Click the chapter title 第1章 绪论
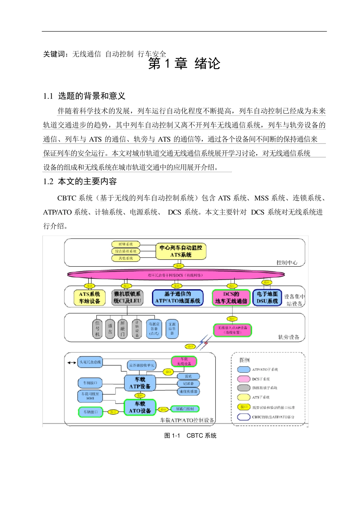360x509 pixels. (184, 64)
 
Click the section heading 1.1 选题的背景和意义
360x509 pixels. (84, 96)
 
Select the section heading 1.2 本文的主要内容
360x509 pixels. (80, 182)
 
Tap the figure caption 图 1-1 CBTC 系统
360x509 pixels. (190, 436)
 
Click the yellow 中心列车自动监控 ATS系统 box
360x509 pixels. (181, 251)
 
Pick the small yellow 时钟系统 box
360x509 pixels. (125, 244)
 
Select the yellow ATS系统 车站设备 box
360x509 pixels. (89, 298)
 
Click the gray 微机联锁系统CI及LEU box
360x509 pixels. (127, 298)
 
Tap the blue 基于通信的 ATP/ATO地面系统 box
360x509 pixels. (177, 298)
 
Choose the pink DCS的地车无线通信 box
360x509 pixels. (231, 298)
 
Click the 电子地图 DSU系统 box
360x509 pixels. (267, 298)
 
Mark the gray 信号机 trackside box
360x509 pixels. (97, 329)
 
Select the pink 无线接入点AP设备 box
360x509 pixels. (232, 330)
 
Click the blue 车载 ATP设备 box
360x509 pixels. (140, 383)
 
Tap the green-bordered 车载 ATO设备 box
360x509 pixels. (140, 408)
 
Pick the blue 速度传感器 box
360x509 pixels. (188, 392)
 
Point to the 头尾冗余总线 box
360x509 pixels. (90, 362)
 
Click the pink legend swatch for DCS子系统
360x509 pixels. (243, 379)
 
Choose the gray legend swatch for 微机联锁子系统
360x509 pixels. (243, 388)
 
